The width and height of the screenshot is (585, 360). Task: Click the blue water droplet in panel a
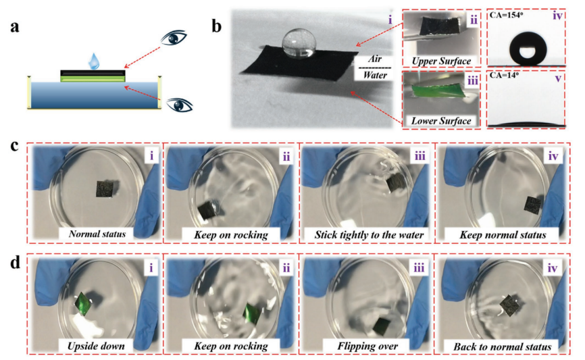click(94, 61)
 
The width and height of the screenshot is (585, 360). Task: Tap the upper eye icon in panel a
click(174, 38)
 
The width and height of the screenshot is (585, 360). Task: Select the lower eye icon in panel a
click(180, 105)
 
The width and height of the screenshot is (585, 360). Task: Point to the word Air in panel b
click(375, 59)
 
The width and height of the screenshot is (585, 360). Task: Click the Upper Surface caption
click(441, 61)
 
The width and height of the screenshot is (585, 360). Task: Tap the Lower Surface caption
click(441, 121)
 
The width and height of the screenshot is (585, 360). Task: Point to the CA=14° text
click(504, 76)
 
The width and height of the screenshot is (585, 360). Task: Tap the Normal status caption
click(97, 234)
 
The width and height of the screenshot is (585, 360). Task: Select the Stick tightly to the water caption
click(369, 234)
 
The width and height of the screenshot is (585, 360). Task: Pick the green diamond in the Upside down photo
click(83, 304)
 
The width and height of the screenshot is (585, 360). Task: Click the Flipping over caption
click(367, 346)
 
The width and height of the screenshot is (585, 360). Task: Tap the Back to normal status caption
click(502, 346)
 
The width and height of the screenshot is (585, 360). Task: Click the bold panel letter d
click(16, 263)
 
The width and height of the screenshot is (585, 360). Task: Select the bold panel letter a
click(15, 27)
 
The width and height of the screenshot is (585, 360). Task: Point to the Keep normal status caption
click(503, 234)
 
